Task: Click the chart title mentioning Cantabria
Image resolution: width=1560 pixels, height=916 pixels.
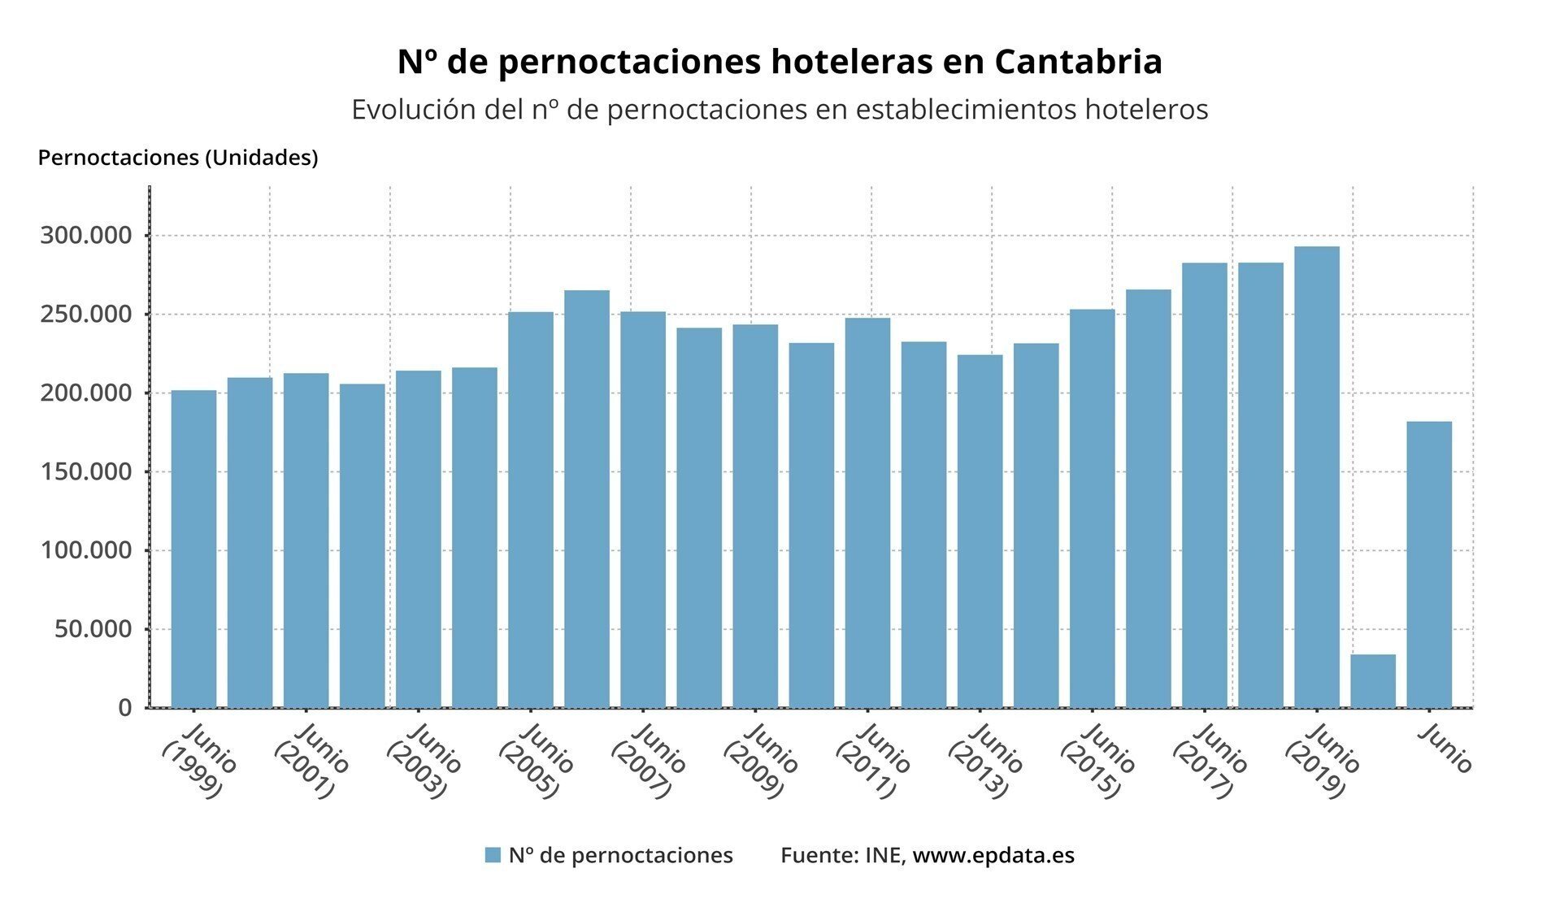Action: point(780,62)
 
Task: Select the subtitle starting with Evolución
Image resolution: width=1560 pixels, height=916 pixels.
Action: point(780,110)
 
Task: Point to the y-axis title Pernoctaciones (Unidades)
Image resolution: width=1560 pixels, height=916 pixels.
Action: point(177,158)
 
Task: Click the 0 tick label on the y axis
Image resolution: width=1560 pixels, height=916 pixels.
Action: point(124,707)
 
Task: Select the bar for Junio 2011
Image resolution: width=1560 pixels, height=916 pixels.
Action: point(867,512)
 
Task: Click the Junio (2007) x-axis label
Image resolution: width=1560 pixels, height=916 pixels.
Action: point(649,760)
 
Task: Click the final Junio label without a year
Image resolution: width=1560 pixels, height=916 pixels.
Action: point(1445,749)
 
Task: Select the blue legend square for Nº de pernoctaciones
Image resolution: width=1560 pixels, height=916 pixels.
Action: point(493,855)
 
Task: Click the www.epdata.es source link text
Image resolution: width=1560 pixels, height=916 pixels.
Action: point(993,855)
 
